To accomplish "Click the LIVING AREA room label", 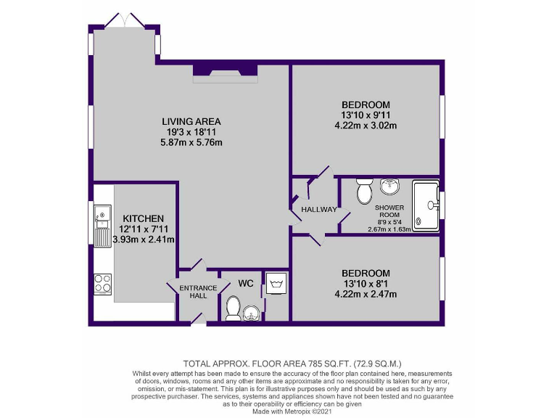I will [x=191, y=121].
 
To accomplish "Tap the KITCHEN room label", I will [x=143, y=218].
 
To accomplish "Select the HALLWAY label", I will [x=320, y=210].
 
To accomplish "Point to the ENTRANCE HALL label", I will [x=198, y=292].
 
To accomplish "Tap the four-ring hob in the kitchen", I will [x=102, y=283].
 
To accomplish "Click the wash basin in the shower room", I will [x=389, y=187].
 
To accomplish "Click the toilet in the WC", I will [x=234, y=308].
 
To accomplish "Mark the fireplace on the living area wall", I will [x=225, y=71].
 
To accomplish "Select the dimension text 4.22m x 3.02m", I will [x=366, y=126].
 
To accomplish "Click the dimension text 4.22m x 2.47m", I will [x=366, y=294].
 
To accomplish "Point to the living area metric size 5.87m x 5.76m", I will [x=191, y=142].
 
